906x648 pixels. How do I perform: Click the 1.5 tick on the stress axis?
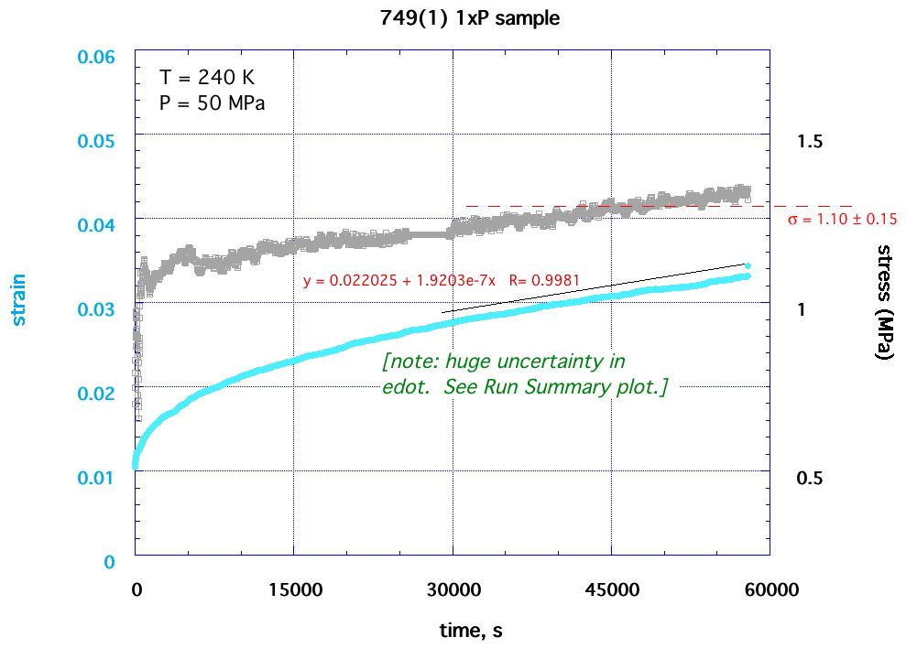(x=811, y=142)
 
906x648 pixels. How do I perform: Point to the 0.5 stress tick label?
(x=811, y=479)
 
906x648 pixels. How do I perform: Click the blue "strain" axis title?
(x=18, y=299)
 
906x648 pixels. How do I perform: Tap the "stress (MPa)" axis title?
(x=884, y=302)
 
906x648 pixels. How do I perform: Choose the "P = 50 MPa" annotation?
(x=212, y=103)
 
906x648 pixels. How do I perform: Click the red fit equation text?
(x=442, y=281)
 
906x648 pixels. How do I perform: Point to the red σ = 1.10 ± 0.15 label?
(x=842, y=220)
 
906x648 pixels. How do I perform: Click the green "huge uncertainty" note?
(x=524, y=374)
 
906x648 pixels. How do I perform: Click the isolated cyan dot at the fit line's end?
(x=748, y=265)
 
